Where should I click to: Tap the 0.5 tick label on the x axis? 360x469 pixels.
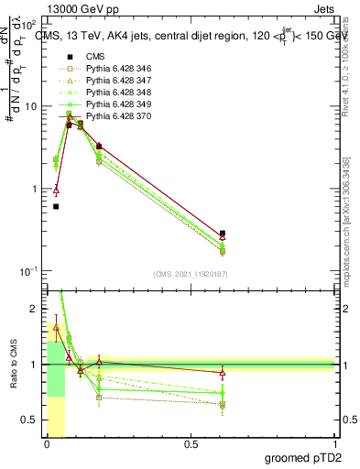coord(191,443)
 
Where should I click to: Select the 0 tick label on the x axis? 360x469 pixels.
coord(46,443)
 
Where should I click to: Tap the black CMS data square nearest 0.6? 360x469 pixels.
coord(223,234)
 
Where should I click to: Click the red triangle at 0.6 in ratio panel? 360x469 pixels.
coord(223,373)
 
